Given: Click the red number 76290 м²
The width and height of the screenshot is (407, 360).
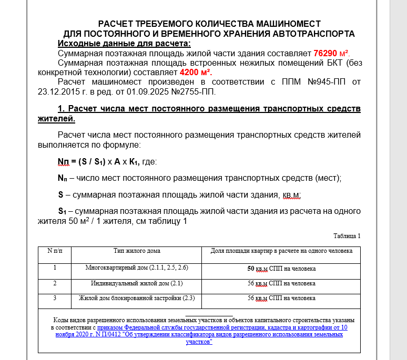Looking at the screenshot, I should pyautogui.click(x=331, y=54).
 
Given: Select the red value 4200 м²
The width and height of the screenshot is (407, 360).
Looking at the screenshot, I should pyautogui.click(x=196, y=73).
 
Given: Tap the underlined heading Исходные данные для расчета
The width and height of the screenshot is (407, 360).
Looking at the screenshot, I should pyautogui.click(x=124, y=44).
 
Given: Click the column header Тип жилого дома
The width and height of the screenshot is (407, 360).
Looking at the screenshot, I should pyautogui.click(x=137, y=251).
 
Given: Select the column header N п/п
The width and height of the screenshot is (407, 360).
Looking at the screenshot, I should pyautogui.click(x=55, y=251).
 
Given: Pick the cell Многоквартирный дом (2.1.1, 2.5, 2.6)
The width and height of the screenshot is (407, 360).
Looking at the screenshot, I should pyautogui.click(x=137, y=268).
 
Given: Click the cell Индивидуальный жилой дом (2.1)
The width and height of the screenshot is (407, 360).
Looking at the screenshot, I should pyautogui.click(x=137, y=283).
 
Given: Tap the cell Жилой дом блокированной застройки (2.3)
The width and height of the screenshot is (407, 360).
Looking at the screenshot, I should pyautogui.click(x=137, y=299).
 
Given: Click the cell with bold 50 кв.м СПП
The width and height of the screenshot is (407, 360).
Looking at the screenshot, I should pyautogui.click(x=281, y=269).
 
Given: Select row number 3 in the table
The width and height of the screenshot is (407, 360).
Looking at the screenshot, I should pyautogui.click(x=55, y=299).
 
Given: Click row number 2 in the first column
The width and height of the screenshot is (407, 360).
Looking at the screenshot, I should pyautogui.click(x=55, y=283).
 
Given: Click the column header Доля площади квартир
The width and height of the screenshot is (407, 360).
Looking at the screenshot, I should pyautogui.click(x=281, y=251).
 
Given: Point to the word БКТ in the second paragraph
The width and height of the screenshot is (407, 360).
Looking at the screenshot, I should pyautogui.click(x=327, y=63).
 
